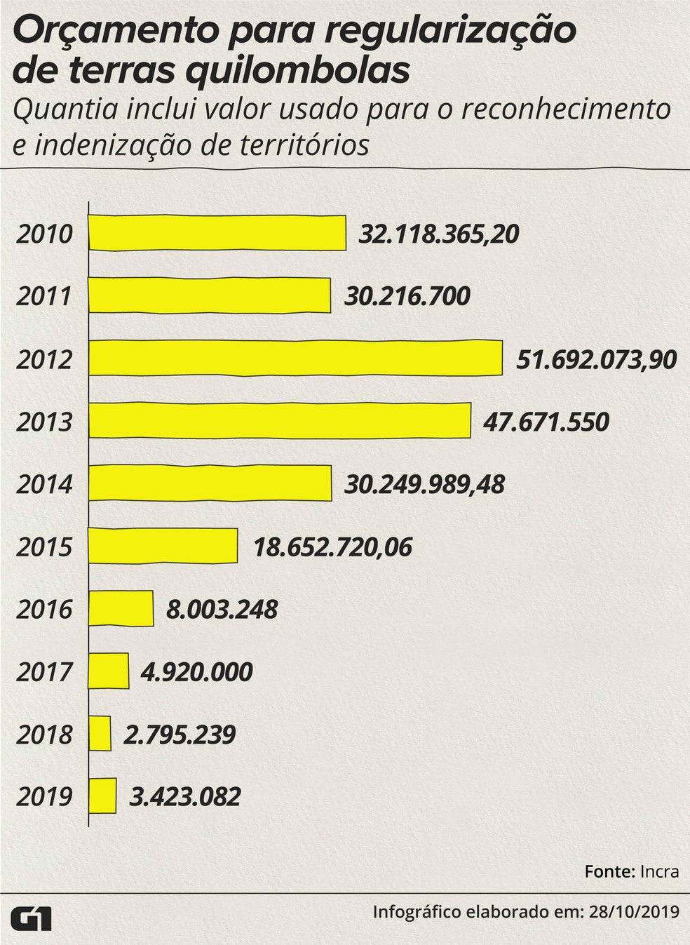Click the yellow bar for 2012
(295, 358)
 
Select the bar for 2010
(217, 233)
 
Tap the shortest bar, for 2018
(100, 734)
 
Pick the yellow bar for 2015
(163, 546)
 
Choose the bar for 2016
(121, 608)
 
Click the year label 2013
(44, 422)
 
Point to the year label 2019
(44, 797)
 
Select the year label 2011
(44, 296)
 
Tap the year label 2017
(44, 671)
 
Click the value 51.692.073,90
(596, 359)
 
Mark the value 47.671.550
(546, 422)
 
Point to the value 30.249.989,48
(424, 484)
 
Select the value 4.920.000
(196, 671)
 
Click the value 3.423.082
(185, 797)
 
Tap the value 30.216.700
(407, 296)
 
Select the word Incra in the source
(659, 871)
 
